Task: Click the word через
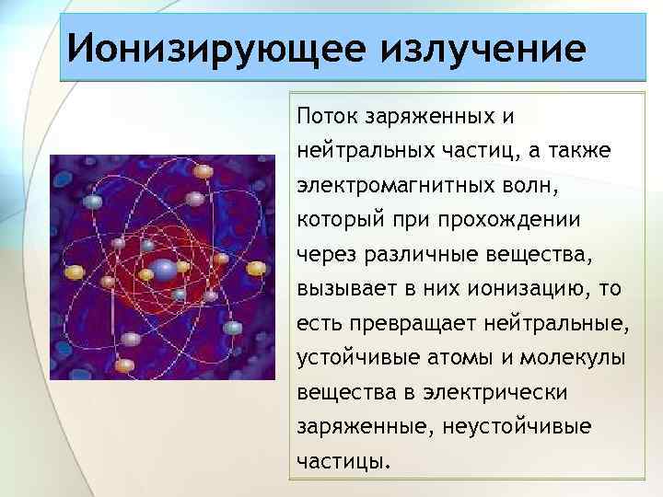[322, 255]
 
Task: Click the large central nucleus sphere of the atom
[163, 270]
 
